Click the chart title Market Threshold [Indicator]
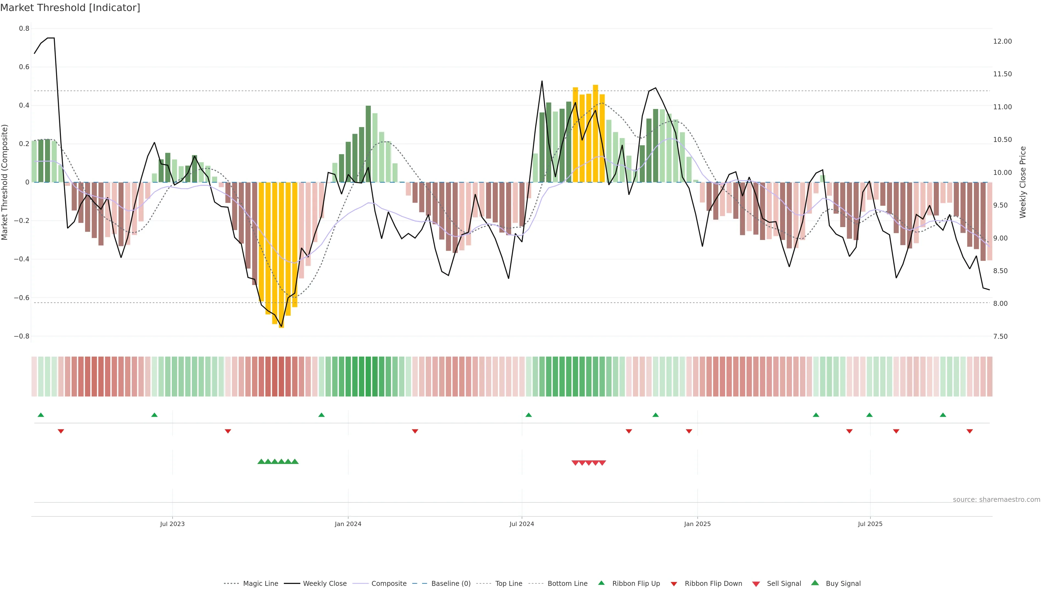[70, 8]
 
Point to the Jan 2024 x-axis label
[348, 524]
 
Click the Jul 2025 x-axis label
[870, 524]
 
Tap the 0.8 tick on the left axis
[24, 28]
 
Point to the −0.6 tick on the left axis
[22, 298]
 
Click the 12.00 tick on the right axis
[1002, 41]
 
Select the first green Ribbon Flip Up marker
[41, 415]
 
